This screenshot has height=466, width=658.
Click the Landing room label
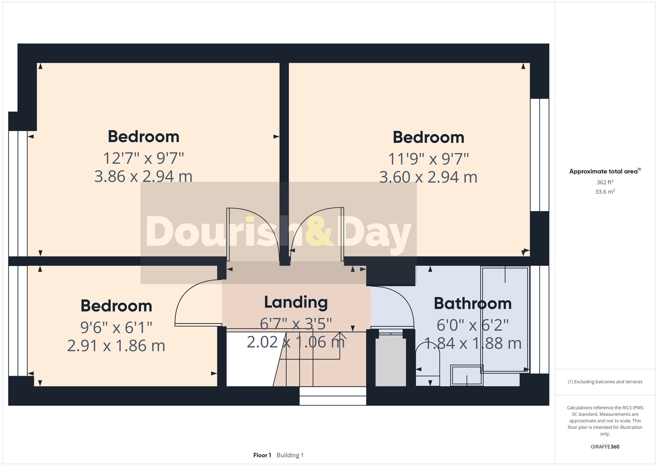[x=296, y=302]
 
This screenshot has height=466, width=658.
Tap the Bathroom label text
[x=472, y=304]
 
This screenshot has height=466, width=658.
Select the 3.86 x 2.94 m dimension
[x=143, y=177]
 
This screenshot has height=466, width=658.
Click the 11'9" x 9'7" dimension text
[x=428, y=159]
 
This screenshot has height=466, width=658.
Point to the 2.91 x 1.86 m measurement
[x=116, y=346]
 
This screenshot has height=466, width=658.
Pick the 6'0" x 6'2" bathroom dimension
[x=472, y=325]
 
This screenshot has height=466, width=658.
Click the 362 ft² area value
[x=605, y=182]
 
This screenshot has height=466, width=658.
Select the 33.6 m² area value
[x=605, y=192]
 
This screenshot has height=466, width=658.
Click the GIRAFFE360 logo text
[x=605, y=447]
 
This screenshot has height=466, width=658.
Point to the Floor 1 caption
[x=262, y=455]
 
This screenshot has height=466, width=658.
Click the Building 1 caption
[x=290, y=455]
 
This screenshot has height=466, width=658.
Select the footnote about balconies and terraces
[x=605, y=382]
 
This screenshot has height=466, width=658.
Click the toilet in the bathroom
[x=427, y=366]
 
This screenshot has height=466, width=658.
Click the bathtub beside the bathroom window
[x=505, y=319]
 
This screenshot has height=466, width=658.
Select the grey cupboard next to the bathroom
[x=391, y=361]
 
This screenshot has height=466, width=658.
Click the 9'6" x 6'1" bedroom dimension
[x=116, y=327]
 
